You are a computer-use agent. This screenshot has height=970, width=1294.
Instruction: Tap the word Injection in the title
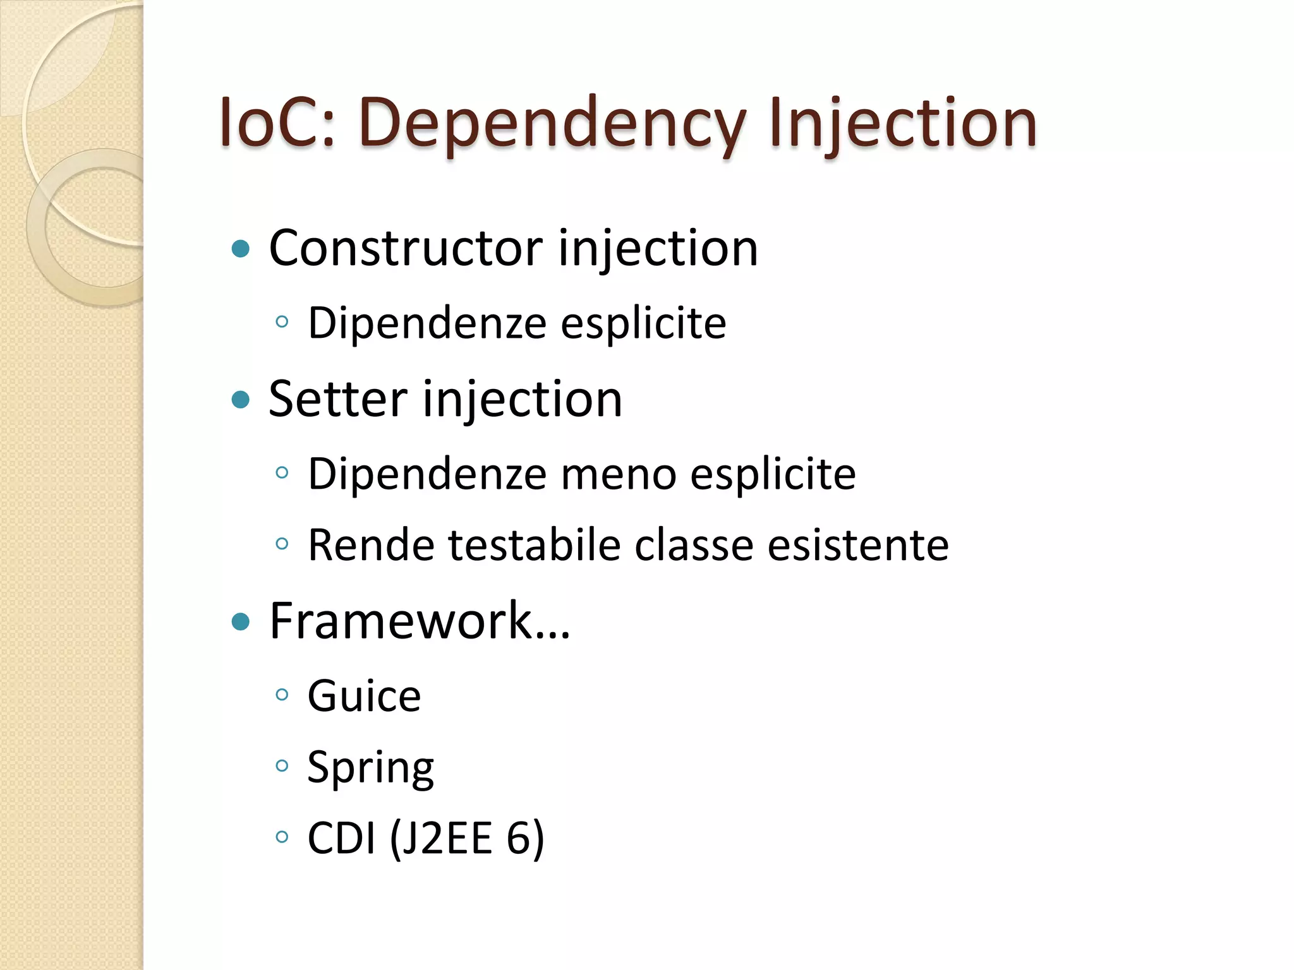(903, 123)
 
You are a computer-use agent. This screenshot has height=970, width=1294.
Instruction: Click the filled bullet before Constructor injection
(241, 249)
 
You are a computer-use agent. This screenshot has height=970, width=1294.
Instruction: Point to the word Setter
(338, 399)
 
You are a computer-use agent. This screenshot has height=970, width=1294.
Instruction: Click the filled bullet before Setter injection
(241, 400)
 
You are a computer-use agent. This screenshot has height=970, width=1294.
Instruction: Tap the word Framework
(401, 621)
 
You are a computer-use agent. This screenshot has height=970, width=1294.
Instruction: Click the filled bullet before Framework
(241, 622)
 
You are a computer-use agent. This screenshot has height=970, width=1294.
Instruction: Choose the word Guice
(364, 696)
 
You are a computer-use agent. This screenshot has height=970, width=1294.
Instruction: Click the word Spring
(370, 768)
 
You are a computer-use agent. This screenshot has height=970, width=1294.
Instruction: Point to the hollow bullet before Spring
(282, 767)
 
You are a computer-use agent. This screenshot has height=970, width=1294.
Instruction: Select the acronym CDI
(341, 839)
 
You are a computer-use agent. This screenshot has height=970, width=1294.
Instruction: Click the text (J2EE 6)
(467, 839)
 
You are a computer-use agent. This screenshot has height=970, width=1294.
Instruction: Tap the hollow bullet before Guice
(282, 695)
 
